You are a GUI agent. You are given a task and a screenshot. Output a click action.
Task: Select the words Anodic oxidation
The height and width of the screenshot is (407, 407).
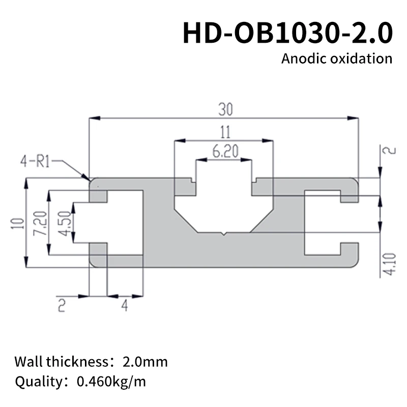pyautogui.click(x=337, y=58)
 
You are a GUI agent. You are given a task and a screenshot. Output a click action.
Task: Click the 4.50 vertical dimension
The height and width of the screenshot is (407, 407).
pyautogui.click(x=63, y=223)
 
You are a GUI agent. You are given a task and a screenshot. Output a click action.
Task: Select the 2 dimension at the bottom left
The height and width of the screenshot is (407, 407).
pyautogui.click(x=62, y=305)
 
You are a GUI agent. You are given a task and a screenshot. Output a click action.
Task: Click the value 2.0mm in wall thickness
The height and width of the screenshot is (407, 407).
pyautogui.click(x=145, y=362)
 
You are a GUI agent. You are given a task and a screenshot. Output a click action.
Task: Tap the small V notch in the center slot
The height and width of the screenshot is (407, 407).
pyautogui.click(x=224, y=234)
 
